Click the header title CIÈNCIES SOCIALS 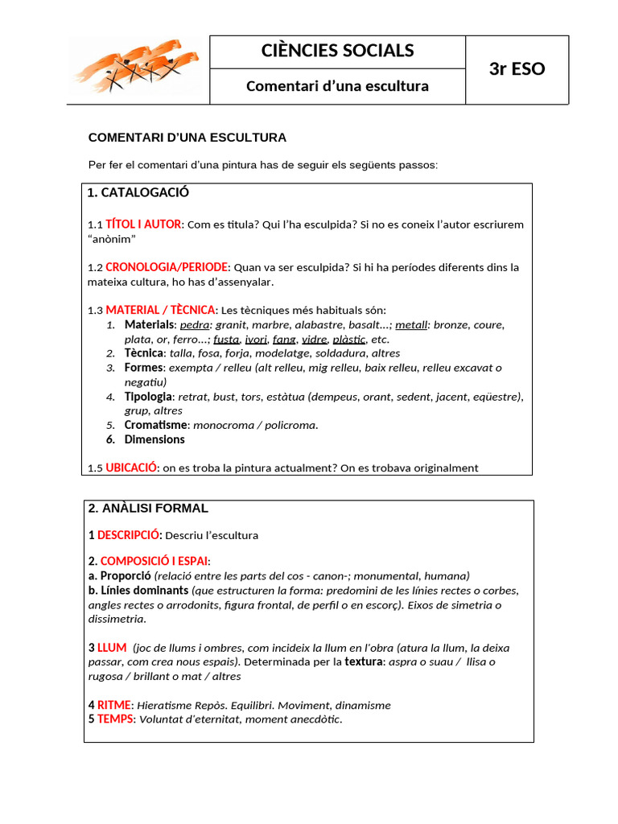337,51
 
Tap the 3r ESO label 517,69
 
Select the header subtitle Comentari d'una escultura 337,86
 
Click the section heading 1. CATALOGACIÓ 138,192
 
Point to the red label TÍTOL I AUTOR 143,224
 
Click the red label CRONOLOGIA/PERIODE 167,267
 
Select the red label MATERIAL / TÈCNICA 160,310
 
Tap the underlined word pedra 194,324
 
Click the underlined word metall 411,324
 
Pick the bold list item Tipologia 148,397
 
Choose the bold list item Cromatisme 155,425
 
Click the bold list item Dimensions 154,439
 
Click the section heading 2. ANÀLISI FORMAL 148,509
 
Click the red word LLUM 112,648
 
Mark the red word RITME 114,705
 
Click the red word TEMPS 115,719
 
